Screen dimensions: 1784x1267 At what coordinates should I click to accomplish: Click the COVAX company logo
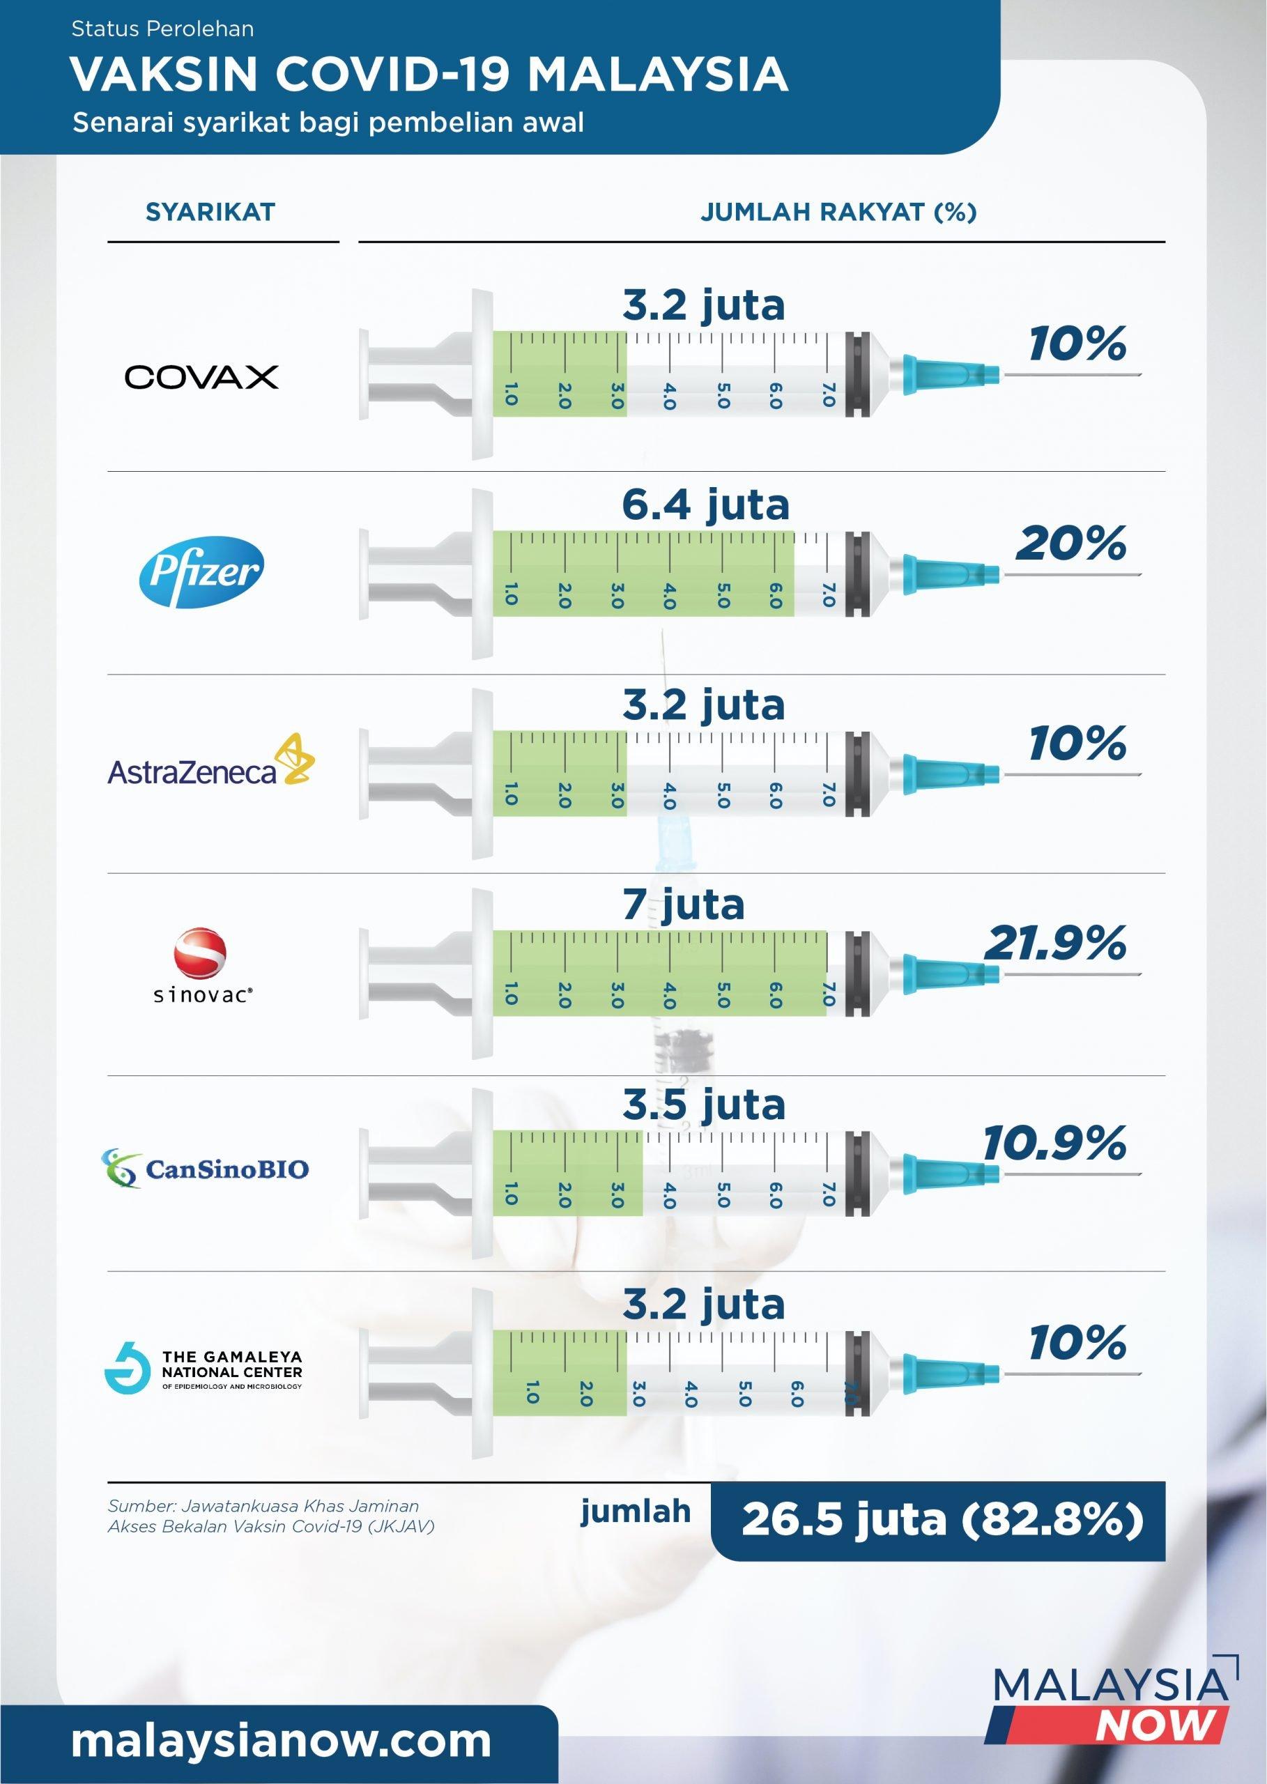click(201, 377)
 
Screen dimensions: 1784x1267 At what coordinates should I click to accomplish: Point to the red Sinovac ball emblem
click(201, 953)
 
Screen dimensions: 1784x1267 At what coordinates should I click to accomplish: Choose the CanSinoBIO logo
click(206, 1168)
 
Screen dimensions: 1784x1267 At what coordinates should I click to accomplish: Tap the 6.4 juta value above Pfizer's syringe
click(705, 505)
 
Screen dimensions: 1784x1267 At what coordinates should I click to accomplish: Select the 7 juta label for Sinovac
click(683, 905)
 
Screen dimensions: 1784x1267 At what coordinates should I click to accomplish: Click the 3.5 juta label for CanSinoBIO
click(704, 1105)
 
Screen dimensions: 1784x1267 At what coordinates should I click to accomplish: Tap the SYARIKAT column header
click(210, 212)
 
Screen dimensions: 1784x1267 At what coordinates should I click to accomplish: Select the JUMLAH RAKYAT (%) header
click(838, 212)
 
